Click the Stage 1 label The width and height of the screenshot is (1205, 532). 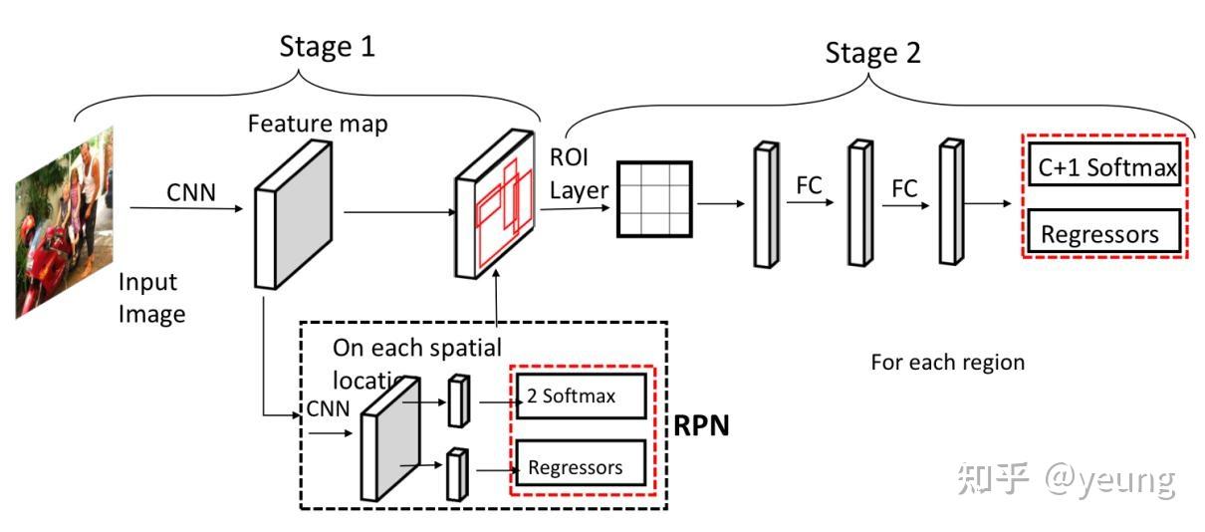pos(327,46)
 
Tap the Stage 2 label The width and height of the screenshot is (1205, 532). pos(872,53)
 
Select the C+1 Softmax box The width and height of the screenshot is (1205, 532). pos(1106,168)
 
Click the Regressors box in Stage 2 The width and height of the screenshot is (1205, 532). pos(1100,234)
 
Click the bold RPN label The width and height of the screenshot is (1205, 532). pos(702,426)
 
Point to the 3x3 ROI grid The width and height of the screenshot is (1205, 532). pos(653,198)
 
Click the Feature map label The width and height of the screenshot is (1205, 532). pos(318,125)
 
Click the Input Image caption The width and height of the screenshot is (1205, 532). pos(151,298)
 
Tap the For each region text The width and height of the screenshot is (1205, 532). pos(947,362)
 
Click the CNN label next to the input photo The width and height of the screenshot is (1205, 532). pos(190,191)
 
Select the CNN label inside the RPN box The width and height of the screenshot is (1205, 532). pos(328,409)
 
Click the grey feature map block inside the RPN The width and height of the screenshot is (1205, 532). pos(383,440)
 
